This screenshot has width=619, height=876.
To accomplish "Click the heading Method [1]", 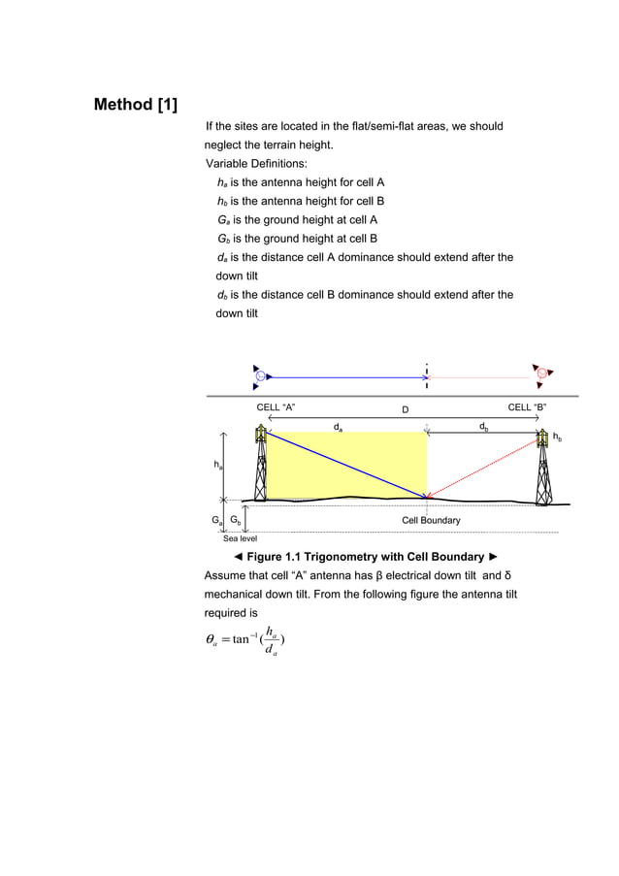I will (135, 104).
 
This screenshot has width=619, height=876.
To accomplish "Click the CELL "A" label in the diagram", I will (276, 407).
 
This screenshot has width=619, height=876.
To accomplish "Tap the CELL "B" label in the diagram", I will (528, 407).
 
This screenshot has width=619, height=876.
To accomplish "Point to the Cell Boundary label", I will (431, 521).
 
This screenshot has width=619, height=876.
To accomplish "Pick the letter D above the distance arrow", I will (406, 409).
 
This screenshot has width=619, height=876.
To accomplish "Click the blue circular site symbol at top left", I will (261, 375).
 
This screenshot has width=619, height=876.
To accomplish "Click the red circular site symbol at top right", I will (541, 374).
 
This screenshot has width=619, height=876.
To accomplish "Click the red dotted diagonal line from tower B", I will (485, 466).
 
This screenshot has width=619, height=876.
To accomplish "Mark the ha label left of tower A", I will (218, 466).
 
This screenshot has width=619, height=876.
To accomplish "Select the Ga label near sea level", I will (217, 521).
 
